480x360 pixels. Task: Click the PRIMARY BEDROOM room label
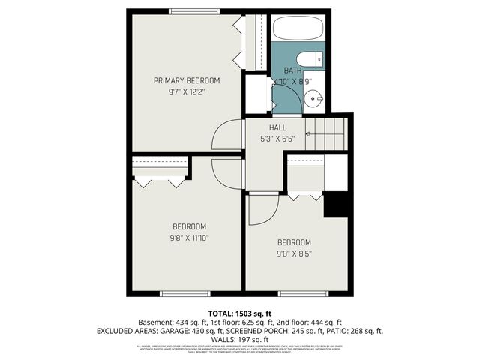tap(187, 80)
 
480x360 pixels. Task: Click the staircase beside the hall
tap(331, 134)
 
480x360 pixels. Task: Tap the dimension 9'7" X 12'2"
tap(187, 91)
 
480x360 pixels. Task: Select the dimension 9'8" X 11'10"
tap(190, 238)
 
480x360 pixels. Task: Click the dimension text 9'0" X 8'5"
tap(294, 253)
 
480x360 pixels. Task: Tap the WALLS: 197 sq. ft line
tap(240, 339)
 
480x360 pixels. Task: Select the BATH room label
tap(292, 70)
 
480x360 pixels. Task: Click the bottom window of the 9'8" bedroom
tap(184, 292)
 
